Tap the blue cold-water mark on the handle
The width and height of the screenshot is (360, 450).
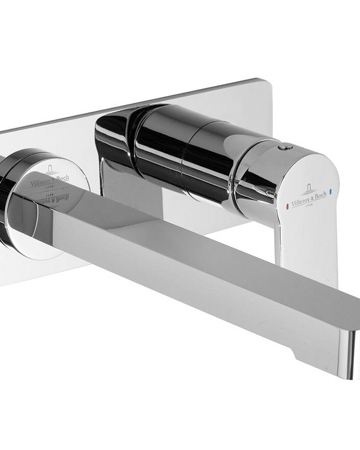(x=330, y=194)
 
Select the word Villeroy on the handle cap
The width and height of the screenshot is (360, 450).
(x=300, y=199)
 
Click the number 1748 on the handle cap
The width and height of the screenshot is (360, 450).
(x=313, y=204)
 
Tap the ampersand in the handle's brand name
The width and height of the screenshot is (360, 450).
(x=313, y=196)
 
